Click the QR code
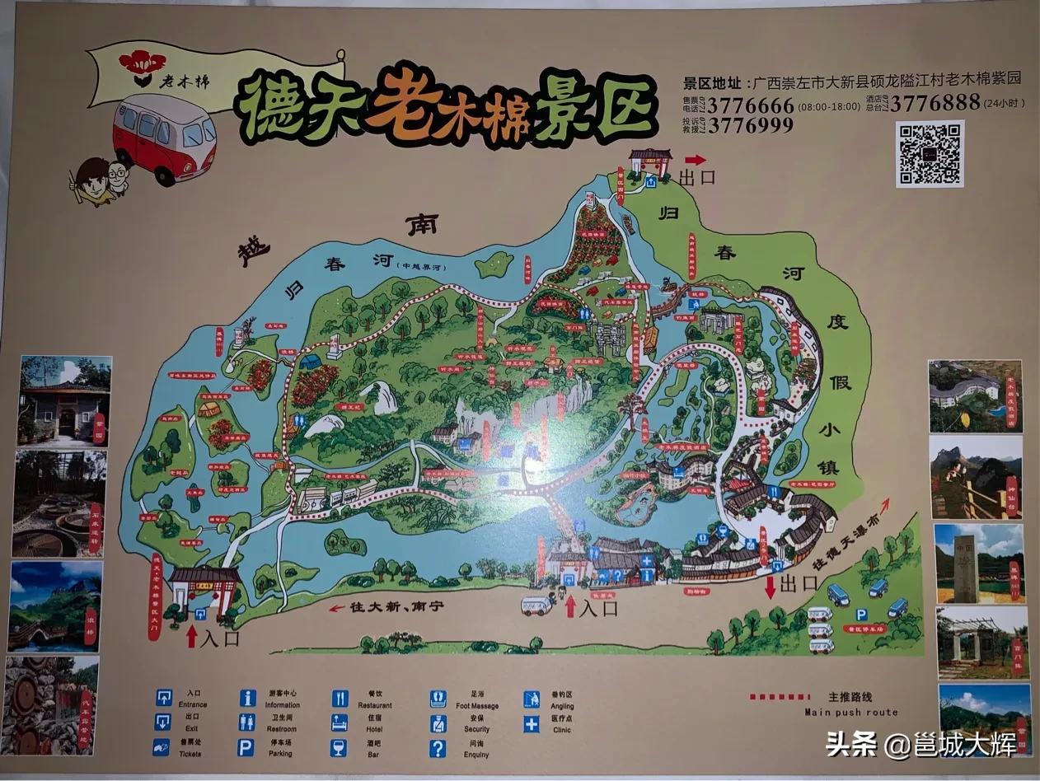pyautogui.click(x=930, y=153)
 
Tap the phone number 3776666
pyautogui.click(x=752, y=106)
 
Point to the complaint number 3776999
pyautogui.click(x=751, y=125)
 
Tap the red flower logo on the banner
pyautogui.click(x=143, y=62)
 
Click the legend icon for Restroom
pyautogui.click(x=246, y=723)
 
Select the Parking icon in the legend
pyautogui.click(x=246, y=747)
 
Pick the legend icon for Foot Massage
pyautogui.click(x=438, y=699)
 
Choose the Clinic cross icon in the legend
pyautogui.click(x=532, y=724)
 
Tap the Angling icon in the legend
pyautogui.click(x=532, y=699)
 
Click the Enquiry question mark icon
pyautogui.click(x=438, y=748)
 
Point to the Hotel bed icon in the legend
pyautogui.click(x=340, y=723)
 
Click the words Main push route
pyautogui.click(x=851, y=712)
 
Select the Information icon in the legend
pyautogui.click(x=247, y=698)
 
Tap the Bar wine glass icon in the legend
pyautogui.click(x=339, y=747)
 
